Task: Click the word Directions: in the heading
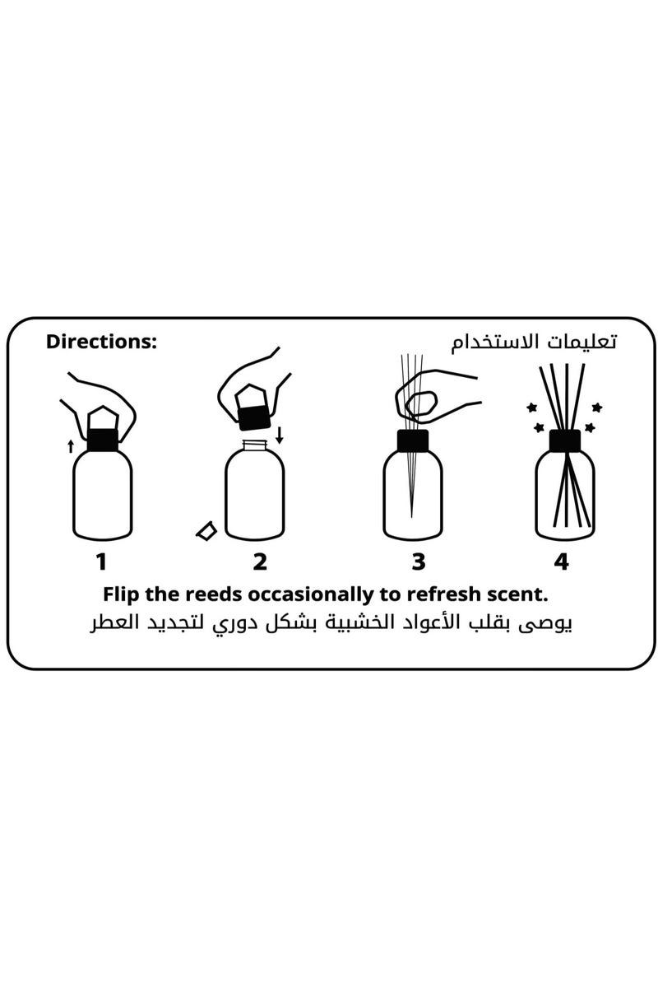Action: pyautogui.click(x=101, y=341)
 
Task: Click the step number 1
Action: pyautogui.click(x=101, y=562)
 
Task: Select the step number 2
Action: pyautogui.click(x=260, y=562)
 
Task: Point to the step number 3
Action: pyautogui.click(x=419, y=562)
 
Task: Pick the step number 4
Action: pyautogui.click(x=561, y=562)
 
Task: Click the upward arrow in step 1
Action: pyautogui.click(x=71, y=446)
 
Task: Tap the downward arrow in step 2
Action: pyautogui.click(x=280, y=434)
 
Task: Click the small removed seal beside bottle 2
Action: pyautogui.click(x=205, y=530)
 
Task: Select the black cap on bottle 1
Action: pyautogui.click(x=102, y=440)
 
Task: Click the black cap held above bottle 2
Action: pyautogui.click(x=255, y=420)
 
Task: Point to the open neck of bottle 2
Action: pyautogui.click(x=255, y=445)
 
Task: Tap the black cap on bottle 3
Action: pyautogui.click(x=413, y=440)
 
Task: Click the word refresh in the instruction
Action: pyautogui.click(x=436, y=594)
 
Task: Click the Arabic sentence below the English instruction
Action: pyautogui.click(x=331, y=623)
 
